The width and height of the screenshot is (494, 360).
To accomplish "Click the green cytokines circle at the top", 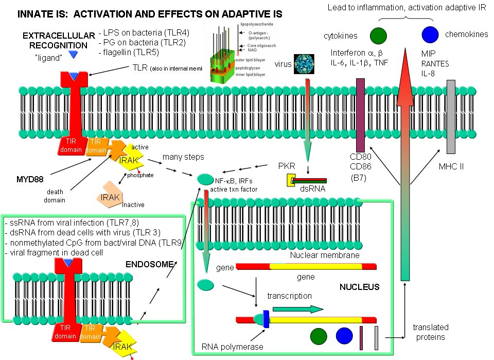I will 378,35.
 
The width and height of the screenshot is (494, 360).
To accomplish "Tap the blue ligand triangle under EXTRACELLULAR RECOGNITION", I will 74,54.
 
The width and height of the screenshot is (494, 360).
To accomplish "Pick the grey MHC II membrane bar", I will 451,116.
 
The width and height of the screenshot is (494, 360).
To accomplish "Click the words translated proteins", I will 430,332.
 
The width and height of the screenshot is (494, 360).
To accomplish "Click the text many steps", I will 184,157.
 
